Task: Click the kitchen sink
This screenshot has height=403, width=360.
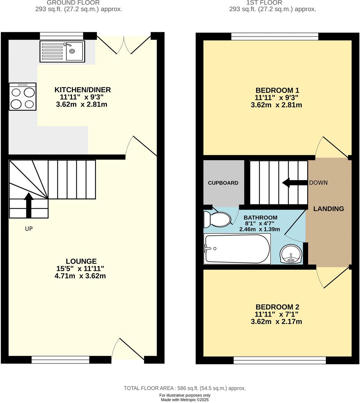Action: (62, 51)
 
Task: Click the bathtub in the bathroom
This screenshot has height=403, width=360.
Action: (237, 249)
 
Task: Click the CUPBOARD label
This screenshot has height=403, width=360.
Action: (223, 183)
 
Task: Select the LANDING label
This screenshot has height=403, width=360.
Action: (328, 209)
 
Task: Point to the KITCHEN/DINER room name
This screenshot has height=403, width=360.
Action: (82, 90)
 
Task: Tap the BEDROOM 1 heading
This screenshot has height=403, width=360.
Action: (277, 90)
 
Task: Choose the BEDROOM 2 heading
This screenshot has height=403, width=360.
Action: (277, 307)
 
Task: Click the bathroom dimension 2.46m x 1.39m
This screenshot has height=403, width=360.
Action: (259, 229)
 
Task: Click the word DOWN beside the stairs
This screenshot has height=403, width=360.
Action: (318, 183)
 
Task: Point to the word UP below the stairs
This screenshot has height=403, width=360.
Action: (29, 229)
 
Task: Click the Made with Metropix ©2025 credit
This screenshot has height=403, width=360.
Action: (185, 400)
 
